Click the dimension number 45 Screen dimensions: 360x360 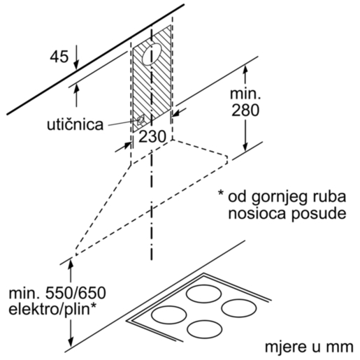coord(59,57)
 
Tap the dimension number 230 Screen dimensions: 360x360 coord(152,136)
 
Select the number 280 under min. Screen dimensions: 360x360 coord(245,110)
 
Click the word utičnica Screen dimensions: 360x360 coord(75,124)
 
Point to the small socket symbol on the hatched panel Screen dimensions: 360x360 coord(141,120)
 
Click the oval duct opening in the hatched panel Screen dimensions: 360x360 coord(152,54)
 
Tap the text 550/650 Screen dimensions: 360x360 coord(75,293)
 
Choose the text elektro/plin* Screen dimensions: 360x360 coord(52,310)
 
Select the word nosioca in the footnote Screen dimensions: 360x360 coord(257,213)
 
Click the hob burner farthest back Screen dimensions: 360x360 coord(203,294)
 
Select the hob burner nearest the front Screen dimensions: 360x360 coord(205,329)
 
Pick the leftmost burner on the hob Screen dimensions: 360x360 coord(169,315)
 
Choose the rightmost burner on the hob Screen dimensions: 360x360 coord(239,308)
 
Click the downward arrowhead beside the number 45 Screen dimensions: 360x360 coord(76,64)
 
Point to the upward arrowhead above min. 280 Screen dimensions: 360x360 coord(245,71)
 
